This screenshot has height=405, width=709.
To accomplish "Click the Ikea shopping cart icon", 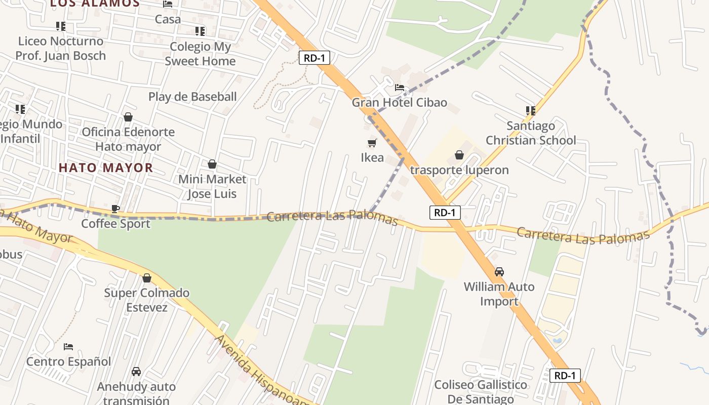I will pos(372,143).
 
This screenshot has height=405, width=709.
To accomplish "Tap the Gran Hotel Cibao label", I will pos(399,103).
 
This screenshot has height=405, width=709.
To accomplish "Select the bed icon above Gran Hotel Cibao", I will pos(399,88).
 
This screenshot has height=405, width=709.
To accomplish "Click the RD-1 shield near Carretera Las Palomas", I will pos(445,213).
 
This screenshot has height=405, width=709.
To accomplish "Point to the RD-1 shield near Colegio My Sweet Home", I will pos(314,58).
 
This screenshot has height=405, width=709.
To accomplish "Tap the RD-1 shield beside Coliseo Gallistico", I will pos(565,376).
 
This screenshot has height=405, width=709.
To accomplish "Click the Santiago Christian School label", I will pos(531,133).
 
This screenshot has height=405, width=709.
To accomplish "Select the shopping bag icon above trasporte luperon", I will pos(459,155).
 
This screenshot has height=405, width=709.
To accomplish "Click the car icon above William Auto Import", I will pos(499,272).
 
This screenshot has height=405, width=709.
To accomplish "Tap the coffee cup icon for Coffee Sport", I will pos(115,209).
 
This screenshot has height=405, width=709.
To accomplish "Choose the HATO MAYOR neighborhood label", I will pos(106,168).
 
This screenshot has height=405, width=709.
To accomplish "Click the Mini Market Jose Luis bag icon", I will pos(212,164).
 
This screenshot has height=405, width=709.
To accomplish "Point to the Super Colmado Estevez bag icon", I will pos(147,278).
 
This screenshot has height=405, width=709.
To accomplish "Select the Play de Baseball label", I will pos(192,97).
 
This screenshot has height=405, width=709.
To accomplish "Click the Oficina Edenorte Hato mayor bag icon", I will pos(128,117).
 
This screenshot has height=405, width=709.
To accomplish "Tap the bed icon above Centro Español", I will pos(68,347).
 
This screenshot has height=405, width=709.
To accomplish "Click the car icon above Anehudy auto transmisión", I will pos(136,372).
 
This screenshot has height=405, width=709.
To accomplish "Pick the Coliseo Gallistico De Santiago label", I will pos(481,392).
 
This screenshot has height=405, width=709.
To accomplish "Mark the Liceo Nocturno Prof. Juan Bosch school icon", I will pos(60,26).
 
